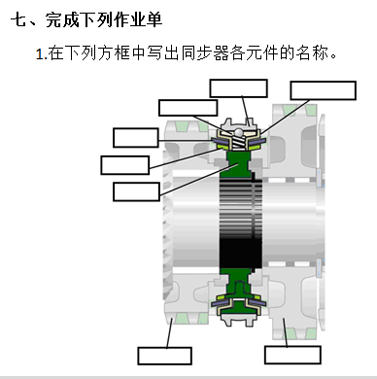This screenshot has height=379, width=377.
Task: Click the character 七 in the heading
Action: [18, 19]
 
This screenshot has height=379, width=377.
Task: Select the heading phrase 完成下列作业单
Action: [104, 19]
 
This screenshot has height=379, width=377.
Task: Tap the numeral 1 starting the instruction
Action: [40, 54]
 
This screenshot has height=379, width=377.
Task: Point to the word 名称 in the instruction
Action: [312, 53]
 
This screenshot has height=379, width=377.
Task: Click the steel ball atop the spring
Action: [239, 132]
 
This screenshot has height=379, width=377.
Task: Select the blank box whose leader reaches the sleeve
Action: [238, 88]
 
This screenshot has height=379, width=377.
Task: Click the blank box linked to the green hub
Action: [136, 191]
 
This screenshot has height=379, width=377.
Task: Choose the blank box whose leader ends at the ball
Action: [188, 108]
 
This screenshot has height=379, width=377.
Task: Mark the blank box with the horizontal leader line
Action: [136, 138]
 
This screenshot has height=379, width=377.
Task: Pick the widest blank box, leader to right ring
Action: [324, 90]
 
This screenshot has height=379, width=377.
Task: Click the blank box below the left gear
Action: [164, 356]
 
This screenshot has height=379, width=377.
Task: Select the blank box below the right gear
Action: [292, 355]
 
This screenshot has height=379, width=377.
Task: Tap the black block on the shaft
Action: [240, 254]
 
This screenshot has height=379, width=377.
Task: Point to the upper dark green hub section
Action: [239, 164]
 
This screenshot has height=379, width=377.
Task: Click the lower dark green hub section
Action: [239, 283]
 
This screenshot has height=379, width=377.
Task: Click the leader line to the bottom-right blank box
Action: [285, 332]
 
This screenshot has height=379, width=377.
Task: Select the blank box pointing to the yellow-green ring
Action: [125, 165]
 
